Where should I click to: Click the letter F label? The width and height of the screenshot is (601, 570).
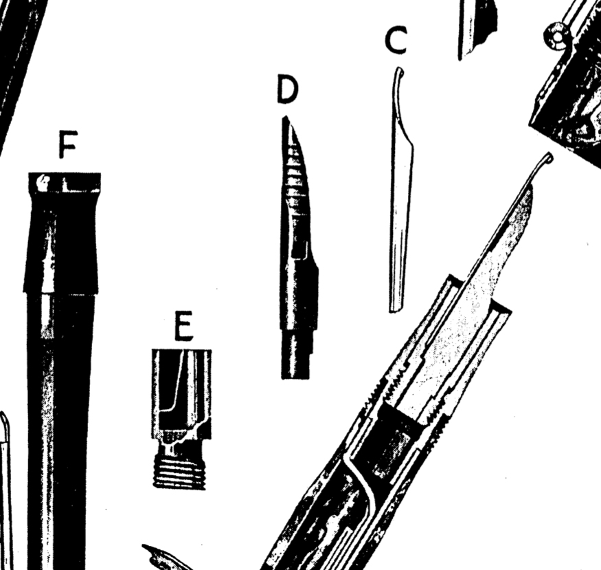click(x=68, y=144)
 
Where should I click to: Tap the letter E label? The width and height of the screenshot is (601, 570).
click(x=183, y=326)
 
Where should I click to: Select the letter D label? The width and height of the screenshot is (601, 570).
click(x=287, y=89)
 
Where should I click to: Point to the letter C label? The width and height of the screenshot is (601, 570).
click(x=396, y=39)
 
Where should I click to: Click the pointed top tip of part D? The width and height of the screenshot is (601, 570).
click(x=286, y=118)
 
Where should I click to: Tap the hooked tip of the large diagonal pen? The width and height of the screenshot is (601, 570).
click(x=547, y=158)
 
